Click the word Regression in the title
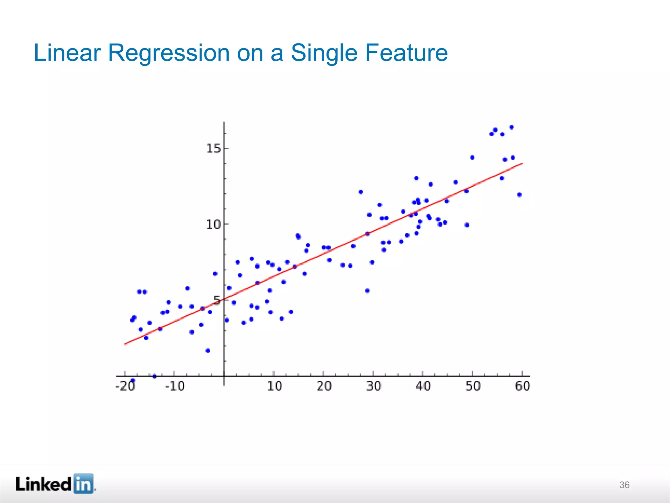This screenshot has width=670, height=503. (168, 53)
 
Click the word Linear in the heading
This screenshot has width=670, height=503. (67, 53)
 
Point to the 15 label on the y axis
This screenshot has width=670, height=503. (213, 149)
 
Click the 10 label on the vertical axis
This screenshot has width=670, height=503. (213, 225)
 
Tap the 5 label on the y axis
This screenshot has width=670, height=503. (217, 300)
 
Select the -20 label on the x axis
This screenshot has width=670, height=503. (125, 386)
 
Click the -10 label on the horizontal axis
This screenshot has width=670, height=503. (175, 386)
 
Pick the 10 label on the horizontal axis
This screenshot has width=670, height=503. (274, 386)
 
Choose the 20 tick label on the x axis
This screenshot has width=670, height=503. (324, 386)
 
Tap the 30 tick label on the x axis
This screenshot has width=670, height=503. (374, 386)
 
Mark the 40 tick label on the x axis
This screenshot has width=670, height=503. (423, 386)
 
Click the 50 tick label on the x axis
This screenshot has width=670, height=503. (473, 386)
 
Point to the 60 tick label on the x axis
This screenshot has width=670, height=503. (522, 386)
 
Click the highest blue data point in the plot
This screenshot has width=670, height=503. (511, 127)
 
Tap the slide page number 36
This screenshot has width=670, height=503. (624, 485)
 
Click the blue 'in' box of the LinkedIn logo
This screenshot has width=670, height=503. (83, 484)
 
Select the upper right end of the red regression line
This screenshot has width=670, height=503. (522, 164)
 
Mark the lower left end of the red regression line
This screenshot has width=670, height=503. (125, 344)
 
